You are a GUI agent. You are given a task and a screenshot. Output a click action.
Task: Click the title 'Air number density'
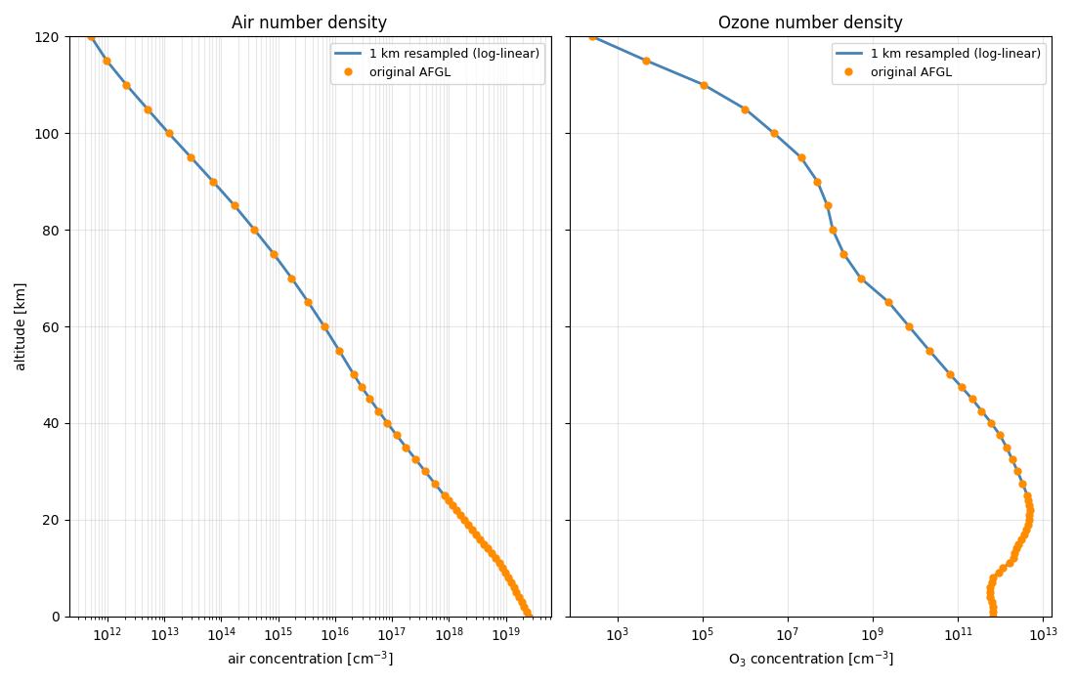(x=309, y=22)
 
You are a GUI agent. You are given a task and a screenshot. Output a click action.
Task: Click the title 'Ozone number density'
(x=810, y=22)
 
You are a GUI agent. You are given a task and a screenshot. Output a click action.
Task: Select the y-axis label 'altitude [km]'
(x=21, y=326)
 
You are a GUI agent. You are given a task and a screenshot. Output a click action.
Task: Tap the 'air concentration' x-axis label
(x=310, y=659)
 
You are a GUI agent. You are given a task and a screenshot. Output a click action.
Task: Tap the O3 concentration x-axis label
(x=810, y=659)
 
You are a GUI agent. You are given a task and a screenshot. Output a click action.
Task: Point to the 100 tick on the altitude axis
(x=53, y=134)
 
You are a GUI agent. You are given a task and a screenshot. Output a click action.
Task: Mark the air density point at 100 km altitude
(x=169, y=134)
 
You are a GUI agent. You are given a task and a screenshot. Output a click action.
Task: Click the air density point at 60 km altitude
(x=324, y=326)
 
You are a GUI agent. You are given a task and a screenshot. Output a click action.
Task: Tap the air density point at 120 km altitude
(x=91, y=37)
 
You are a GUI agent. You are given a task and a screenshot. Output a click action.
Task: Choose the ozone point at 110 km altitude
(x=704, y=85)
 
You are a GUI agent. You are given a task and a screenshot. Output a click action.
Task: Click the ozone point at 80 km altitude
(x=833, y=230)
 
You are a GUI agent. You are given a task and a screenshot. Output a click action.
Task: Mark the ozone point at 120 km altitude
(x=592, y=37)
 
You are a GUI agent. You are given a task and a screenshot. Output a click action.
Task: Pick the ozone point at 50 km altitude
(x=950, y=374)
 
